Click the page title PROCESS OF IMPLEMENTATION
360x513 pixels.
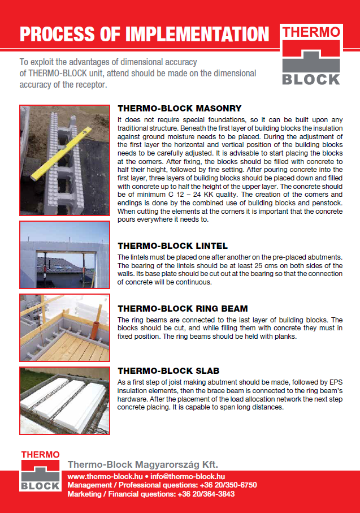145,34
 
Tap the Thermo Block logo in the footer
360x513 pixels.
40,471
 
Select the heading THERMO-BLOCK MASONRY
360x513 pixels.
179,108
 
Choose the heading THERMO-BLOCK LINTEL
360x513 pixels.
172,245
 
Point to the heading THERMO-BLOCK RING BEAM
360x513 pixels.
183,308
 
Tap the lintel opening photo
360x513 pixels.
64,255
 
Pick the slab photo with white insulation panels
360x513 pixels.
64,400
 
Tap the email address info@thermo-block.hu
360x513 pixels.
188,477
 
